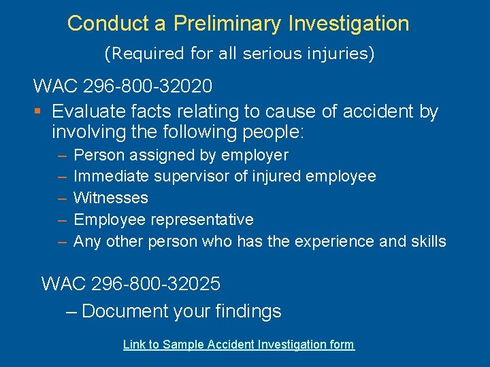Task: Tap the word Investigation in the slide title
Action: (349, 24)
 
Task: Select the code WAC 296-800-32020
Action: (122, 87)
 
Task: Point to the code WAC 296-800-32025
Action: (131, 283)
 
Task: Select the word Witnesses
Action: (110, 198)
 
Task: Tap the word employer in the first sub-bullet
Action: (257, 156)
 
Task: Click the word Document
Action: (125, 311)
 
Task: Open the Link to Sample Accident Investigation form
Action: (238, 345)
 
